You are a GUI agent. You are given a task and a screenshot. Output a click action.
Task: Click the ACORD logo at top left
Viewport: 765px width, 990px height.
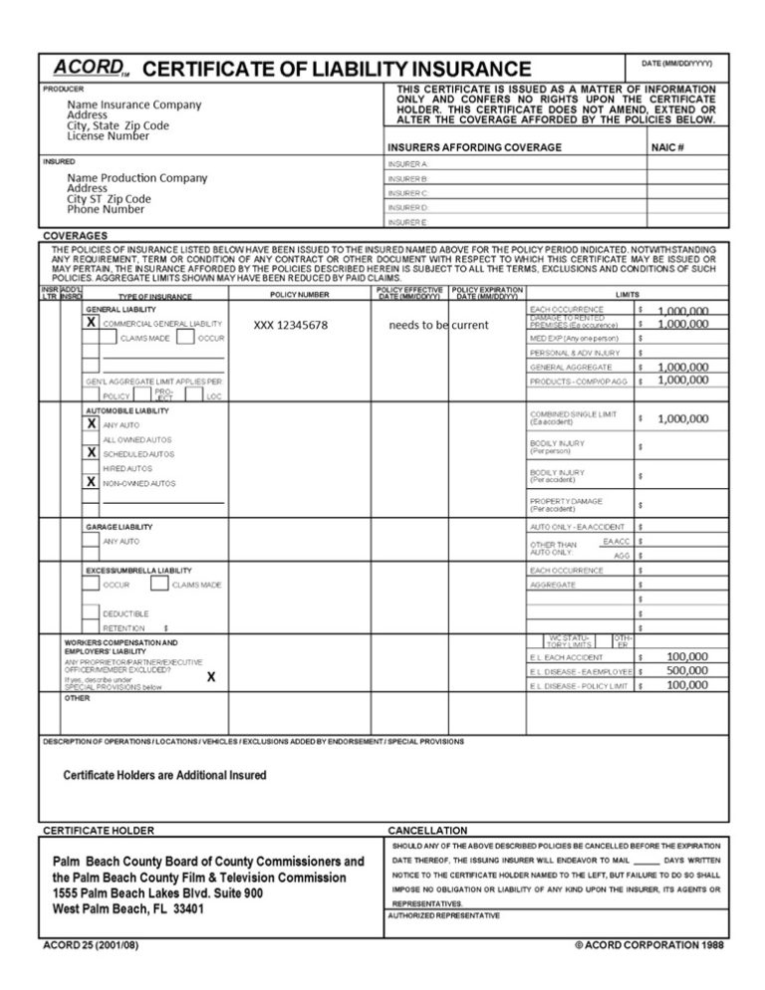point(87,67)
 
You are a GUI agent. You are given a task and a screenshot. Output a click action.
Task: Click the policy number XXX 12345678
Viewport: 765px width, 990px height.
point(290,326)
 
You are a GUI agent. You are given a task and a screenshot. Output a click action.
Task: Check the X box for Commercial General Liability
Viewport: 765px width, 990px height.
point(92,324)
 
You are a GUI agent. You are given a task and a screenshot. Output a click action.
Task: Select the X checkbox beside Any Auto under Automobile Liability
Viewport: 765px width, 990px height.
point(92,423)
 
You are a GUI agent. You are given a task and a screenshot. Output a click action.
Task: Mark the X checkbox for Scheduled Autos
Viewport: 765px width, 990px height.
point(92,452)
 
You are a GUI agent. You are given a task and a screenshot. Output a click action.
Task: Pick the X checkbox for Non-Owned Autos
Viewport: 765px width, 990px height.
point(92,481)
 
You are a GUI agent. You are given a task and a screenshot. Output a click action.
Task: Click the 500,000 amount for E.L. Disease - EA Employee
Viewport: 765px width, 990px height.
point(686,671)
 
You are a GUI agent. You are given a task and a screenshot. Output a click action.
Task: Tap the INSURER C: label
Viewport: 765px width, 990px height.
point(408,192)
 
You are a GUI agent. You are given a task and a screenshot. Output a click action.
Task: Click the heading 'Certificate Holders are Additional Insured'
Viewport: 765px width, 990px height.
point(164,775)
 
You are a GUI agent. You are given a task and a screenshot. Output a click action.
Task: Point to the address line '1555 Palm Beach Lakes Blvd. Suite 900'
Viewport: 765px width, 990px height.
point(157,893)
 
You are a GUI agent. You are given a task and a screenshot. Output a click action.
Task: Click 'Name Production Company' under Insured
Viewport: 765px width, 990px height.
point(137,177)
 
